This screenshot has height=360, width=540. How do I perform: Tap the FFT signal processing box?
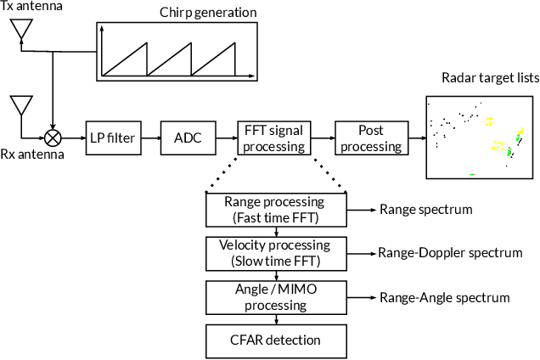click(x=273, y=137)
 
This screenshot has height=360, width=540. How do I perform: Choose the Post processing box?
click(x=370, y=137)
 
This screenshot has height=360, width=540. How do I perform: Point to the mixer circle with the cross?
click(x=53, y=136)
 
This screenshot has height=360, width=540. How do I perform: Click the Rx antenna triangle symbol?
click(x=20, y=106)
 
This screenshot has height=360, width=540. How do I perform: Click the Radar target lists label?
click(x=490, y=79)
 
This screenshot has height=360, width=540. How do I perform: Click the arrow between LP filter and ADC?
click(x=149, y=137)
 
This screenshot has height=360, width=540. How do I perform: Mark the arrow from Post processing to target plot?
click(x=414, y=137)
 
